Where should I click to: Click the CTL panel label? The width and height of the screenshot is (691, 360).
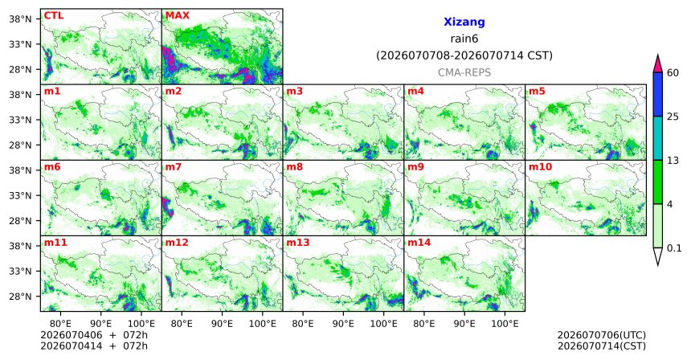coord(54,15)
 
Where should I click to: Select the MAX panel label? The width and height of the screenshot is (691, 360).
coord(177,15)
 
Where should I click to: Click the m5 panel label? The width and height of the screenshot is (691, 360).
coord(537,92)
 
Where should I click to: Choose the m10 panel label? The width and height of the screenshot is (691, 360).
coord(540,167)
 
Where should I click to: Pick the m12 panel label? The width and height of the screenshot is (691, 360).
coord(177,243)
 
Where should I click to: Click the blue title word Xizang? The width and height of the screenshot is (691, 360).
coord(464,22)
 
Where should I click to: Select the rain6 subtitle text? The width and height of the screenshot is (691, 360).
coord(464,39)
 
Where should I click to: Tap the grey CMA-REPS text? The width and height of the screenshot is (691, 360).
coord(464,72)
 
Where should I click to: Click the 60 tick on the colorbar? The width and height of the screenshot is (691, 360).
coord(673,72)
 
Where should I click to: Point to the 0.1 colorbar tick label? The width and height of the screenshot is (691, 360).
coord(674,248)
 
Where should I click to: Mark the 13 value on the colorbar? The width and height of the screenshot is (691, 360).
coord(673,161)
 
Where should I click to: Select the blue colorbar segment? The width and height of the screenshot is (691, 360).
coord(658,94)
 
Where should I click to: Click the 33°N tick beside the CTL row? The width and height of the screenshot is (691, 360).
coord(20,44)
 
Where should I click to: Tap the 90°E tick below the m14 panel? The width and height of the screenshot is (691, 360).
coord(464,324)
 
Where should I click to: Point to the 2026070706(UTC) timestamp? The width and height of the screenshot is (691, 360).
coord(602,335)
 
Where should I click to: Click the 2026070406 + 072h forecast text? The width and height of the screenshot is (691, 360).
coord(94,335)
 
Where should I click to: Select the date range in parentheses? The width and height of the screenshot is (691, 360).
coord(464,55)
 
